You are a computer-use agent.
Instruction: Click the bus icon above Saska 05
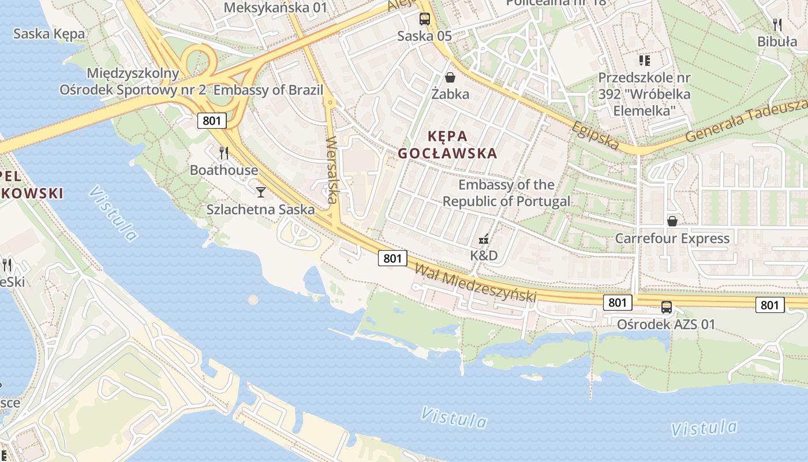point(425,19)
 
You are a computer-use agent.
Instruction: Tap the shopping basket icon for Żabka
point(450,77)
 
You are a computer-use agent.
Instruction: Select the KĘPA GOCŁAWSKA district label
point(447,144)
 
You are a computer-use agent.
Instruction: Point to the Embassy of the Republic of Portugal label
point(506,193)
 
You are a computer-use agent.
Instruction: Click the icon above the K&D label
point(484,239)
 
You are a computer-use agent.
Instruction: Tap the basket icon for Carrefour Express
point(672,221)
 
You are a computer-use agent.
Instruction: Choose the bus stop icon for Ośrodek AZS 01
point(667,307)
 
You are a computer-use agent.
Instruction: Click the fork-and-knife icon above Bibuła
point(777,24)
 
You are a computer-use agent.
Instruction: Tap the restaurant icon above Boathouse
point(224,153)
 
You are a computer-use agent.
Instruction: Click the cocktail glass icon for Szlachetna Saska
point(261,192)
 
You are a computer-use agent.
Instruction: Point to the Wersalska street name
point(331,170)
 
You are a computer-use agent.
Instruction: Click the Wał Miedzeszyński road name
point(475,282)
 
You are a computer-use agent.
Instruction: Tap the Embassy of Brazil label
point(268,90)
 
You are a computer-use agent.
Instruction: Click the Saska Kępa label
point(49,33)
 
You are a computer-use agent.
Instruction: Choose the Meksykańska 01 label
point(275,8)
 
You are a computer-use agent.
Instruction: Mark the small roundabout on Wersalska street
point(331,103)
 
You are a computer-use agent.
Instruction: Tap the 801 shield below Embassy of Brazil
point(212,121)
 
